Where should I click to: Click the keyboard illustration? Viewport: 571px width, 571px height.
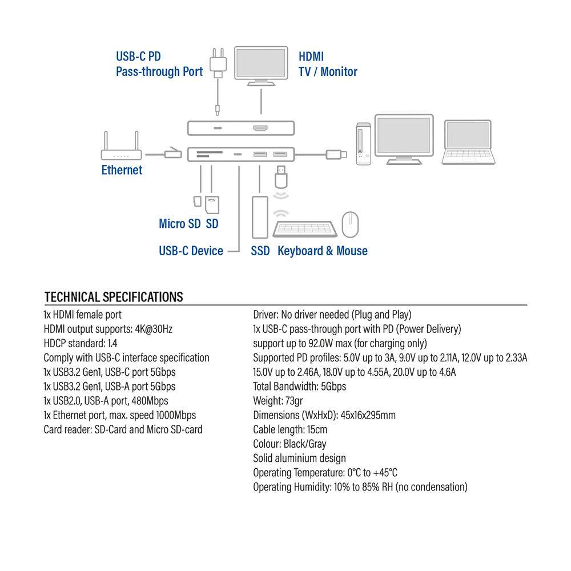(x=304, y=227)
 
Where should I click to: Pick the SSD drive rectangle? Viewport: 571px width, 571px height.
(x=259, y=217)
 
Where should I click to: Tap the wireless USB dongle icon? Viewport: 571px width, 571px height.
(x=280, y=177)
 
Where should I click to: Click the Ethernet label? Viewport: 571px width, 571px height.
(x=122, y=170)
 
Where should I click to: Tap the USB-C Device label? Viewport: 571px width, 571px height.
(x=191, y=251)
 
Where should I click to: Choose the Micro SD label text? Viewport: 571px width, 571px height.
(x=179, y=224)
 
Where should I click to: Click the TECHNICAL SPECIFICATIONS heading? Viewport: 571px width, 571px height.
(x=114, y=297)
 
